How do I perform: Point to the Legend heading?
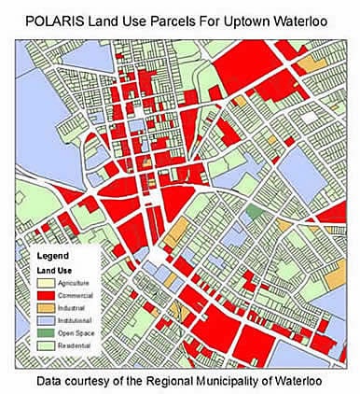click(53, 254)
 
